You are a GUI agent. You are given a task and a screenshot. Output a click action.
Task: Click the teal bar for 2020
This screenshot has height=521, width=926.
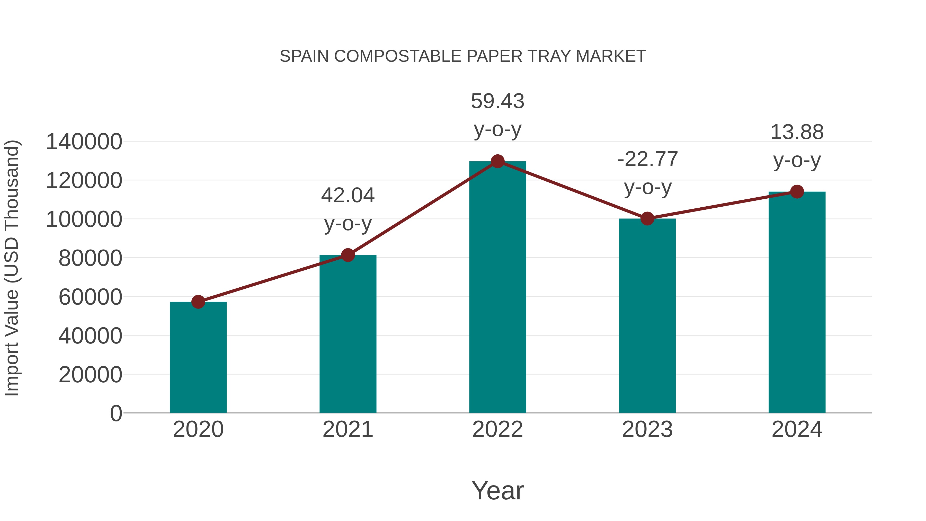point(198,358)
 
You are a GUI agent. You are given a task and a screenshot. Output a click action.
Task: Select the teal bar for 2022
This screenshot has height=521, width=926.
point(497,288)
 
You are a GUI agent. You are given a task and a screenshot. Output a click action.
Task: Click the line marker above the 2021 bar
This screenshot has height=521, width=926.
point(348,255)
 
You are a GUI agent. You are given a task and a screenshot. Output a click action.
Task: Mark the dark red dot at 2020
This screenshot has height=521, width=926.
point(198,302)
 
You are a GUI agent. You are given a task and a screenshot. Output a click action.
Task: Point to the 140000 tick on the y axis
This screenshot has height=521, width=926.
point(84,142)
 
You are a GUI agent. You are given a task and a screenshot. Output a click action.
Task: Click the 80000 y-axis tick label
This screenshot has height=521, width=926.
point(90,258)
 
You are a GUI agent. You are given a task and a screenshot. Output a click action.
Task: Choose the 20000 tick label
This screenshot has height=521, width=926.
point(90,375)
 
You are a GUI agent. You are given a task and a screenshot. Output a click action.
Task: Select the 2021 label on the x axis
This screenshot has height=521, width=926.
point(348,430)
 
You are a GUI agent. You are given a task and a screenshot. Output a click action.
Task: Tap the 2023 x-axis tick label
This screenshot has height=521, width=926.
point(647,430)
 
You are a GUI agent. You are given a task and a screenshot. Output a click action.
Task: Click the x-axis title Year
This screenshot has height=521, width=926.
point(497,490)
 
